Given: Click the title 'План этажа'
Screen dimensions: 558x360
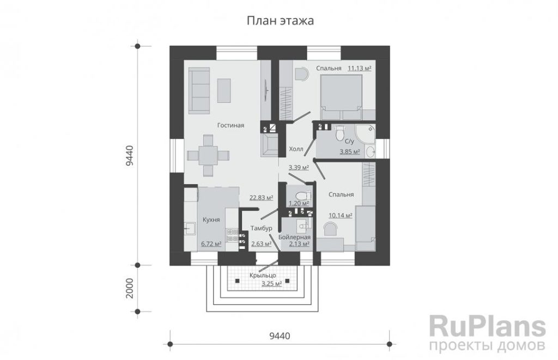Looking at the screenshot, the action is click(281, 21).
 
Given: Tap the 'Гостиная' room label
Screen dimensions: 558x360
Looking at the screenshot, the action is click(231, 125).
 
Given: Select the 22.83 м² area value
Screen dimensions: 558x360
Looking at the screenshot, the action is click(261, 198).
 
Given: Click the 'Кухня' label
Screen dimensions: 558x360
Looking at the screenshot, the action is click(211, 219).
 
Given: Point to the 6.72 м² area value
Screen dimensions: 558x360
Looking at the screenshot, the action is click(211, 244).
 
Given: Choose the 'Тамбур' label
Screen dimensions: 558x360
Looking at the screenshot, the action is click(261, 228).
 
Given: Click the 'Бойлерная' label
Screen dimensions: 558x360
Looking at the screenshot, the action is click(294, 237).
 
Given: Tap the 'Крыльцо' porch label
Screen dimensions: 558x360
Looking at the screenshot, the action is click(263, 276).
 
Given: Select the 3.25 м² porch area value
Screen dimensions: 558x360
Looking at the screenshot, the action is click(271, 284).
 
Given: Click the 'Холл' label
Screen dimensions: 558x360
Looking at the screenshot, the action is click(296, 149).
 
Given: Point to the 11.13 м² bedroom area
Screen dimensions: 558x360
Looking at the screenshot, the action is click(360, 68).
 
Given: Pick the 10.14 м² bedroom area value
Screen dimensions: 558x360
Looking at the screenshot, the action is click(340, 216).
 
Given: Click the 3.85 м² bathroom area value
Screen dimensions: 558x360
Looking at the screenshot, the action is click(350, 152).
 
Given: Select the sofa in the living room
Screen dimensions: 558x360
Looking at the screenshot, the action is click(199, 91).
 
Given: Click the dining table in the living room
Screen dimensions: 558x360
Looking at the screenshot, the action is click(208, 155).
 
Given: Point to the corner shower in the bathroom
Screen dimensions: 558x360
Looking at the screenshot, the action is click(366, 133).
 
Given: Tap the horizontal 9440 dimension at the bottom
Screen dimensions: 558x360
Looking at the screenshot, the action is click(280, 335).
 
